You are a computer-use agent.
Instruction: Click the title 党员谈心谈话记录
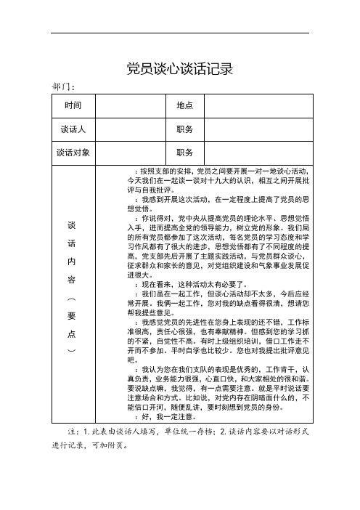click(x=179, y=69)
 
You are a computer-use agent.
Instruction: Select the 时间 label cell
click(x=73, y=106)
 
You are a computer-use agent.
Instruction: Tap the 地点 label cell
click(x=185, y=106)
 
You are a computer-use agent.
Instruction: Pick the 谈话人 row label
click(x=73, y=129)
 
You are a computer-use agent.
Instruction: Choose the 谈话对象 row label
click(x=73, y=153)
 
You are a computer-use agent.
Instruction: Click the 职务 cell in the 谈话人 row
click(x=185, y=129)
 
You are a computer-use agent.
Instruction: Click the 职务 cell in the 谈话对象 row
click(x=185, y=153)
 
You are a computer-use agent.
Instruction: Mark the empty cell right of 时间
click(x=131, y=106)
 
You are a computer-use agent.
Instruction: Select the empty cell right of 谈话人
click(x=131, y=129)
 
